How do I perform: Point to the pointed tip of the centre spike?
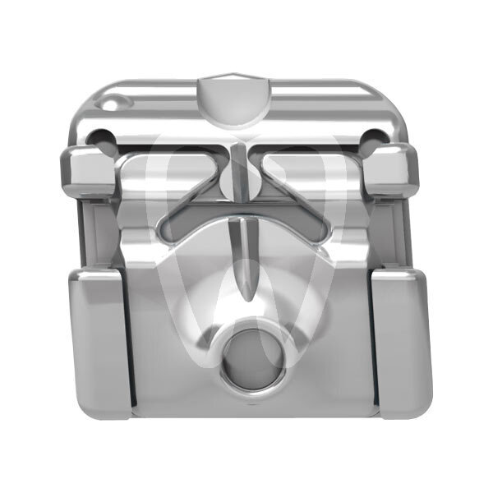click(246, 297)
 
